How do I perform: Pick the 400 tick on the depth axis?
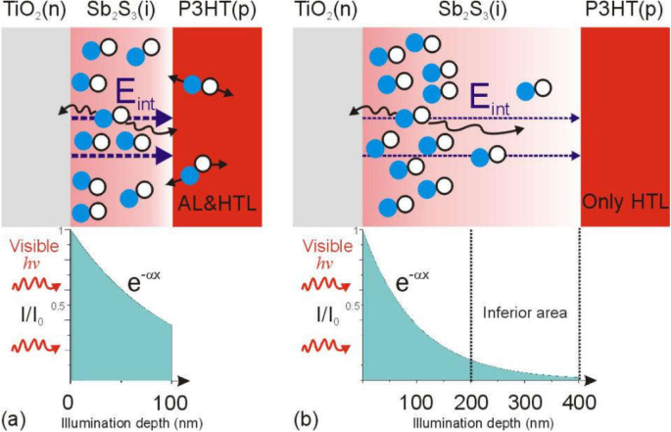coord(578,403)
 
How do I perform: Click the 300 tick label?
coord(525,403)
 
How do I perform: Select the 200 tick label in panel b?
coord(471,403)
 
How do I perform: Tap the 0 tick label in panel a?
coord(68,403)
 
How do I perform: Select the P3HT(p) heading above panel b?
coord(624,12)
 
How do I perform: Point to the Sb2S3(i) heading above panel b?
coord(470,12)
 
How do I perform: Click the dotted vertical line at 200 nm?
coord(471,294)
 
